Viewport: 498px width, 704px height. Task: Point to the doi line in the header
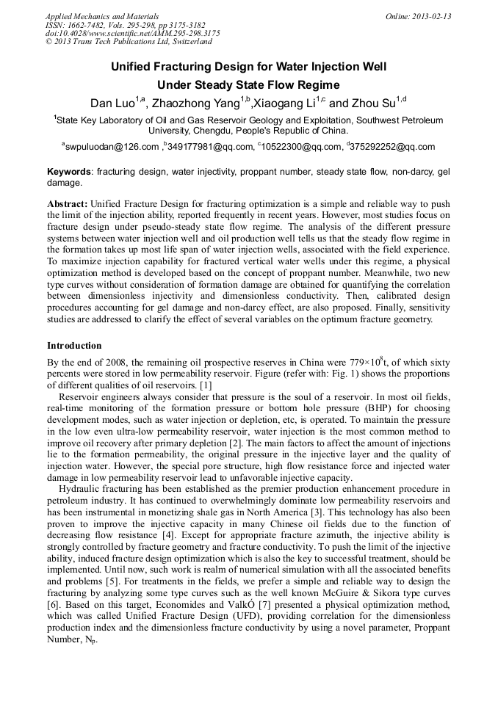[132, 33]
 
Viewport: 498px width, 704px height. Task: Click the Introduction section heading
[74, 345]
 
